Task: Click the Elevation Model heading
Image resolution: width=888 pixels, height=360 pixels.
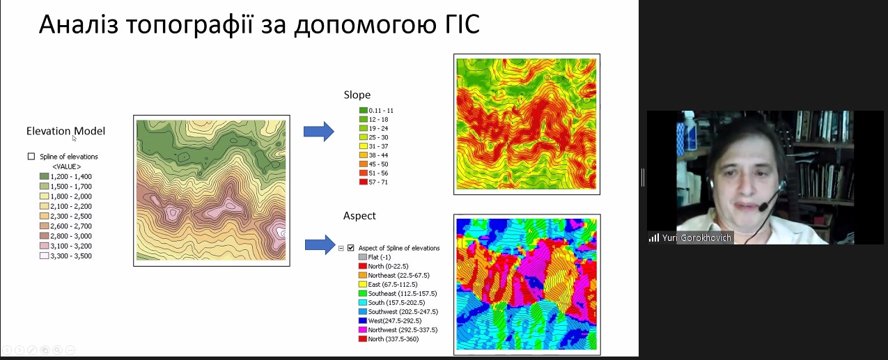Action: pos(65,131)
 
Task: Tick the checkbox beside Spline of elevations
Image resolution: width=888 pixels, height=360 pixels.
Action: pos(31,156)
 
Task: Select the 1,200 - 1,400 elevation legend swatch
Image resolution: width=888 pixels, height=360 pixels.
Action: pos(44,176)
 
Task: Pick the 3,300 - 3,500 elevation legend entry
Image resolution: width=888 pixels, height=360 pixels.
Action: pos(65,256)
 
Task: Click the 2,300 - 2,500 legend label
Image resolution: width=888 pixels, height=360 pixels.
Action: pos(71,216)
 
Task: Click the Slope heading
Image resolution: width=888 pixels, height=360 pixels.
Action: pos(357,95)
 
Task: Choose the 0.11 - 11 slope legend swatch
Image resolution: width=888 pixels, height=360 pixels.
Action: pos(363,110)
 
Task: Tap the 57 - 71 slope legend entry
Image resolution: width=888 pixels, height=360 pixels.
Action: pos(373,182)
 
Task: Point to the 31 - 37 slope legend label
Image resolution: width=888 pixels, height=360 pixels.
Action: pos(378,146)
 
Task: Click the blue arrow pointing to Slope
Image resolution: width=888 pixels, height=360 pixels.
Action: pos(319,131)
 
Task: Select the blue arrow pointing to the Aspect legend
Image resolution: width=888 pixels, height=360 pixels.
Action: pos(320,244)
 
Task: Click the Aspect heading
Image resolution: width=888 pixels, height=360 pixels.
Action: pos(359,216)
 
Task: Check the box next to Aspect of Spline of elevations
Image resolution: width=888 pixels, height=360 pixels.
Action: pos(351,248)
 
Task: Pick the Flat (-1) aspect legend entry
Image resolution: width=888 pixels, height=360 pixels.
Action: pos(375,257)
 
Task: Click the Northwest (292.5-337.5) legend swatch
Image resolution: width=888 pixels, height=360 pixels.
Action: pos(362,330)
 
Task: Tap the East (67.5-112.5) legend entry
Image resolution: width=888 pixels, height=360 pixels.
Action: pos(388,284)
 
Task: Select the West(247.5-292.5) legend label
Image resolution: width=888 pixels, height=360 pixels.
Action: pos(395,321)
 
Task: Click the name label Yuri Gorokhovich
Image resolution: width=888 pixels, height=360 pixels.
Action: pos(696,238)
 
